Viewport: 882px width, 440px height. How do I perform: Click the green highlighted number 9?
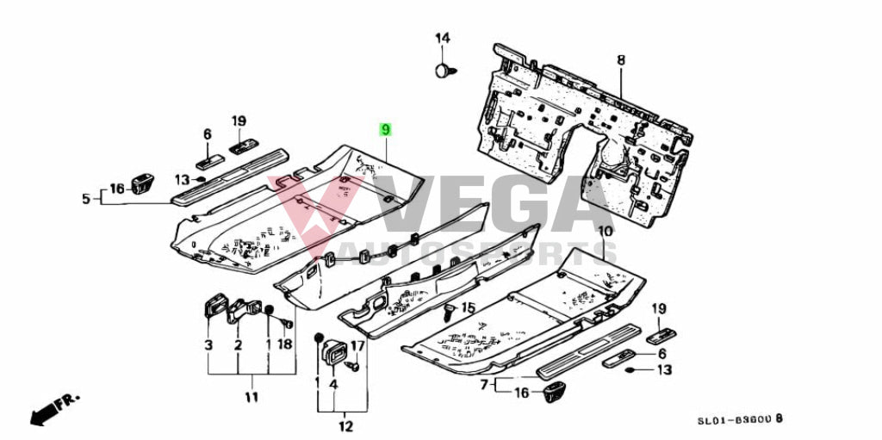386,129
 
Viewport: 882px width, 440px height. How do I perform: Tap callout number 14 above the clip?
442,38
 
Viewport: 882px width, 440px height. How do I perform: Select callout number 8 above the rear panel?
620,59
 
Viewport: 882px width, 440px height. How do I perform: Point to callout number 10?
604,231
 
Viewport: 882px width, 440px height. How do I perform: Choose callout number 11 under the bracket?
251,397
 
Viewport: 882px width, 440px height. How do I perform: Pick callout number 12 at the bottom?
346,425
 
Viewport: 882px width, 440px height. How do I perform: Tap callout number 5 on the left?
86,199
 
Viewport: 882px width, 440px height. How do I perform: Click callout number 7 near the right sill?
485,383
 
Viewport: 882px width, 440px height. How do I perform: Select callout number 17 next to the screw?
357,346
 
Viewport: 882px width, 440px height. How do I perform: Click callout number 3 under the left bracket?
208,344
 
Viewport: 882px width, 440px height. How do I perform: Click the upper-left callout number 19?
239,121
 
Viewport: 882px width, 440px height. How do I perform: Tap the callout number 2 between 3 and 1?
238,344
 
